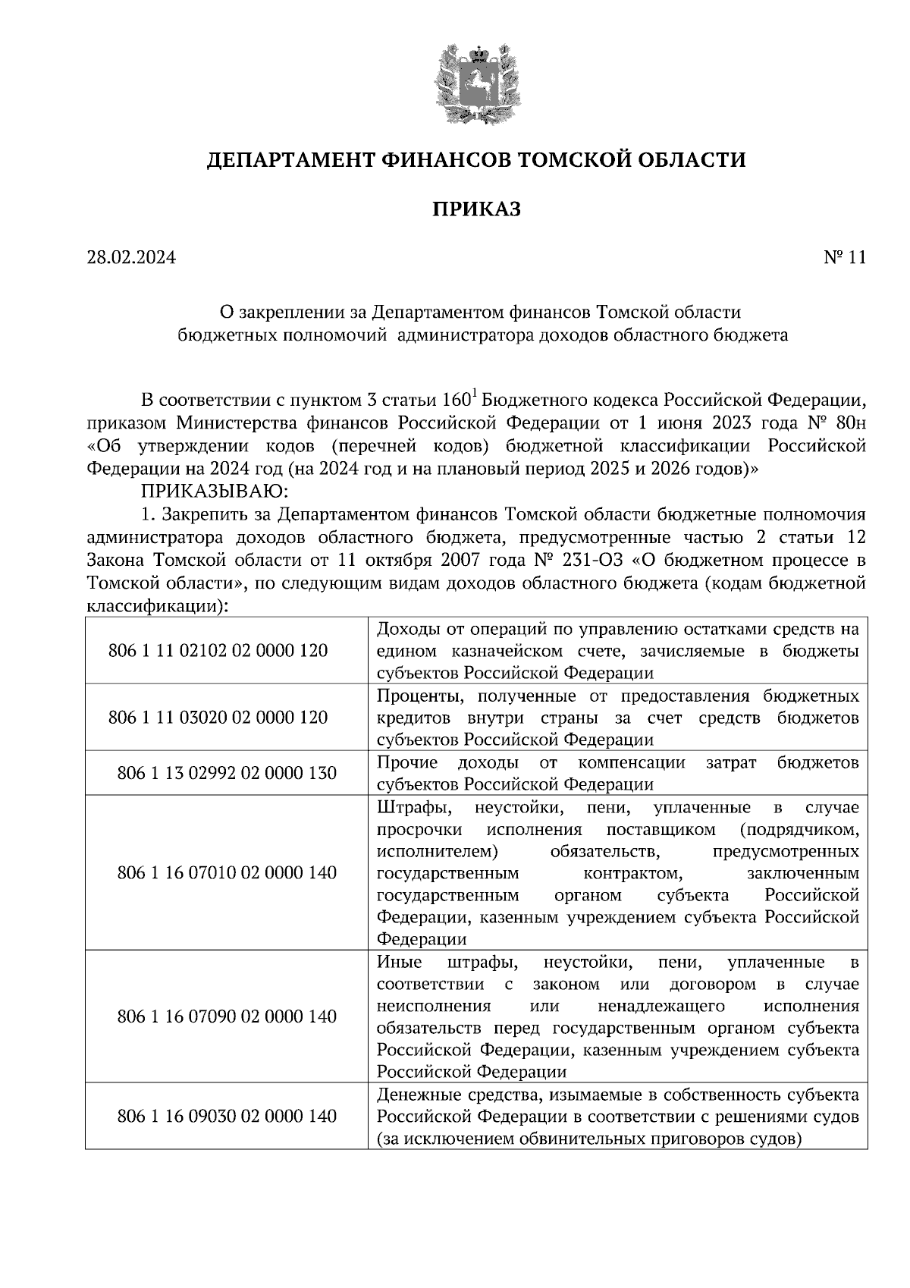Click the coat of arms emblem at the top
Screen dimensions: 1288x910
pos(476,85)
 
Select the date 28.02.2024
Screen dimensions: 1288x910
pos(131,258)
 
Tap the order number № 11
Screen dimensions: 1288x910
pos(844,258)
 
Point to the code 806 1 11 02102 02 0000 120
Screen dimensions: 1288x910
pos(218,651)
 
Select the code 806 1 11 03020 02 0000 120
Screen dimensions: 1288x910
pos(218,718)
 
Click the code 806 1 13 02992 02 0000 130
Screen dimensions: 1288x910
pos(227,773)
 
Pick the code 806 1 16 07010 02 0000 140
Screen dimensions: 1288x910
pos(227,873)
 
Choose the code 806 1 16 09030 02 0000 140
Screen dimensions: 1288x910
pos(227,1117)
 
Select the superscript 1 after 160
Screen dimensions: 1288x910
pos(474,393)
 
